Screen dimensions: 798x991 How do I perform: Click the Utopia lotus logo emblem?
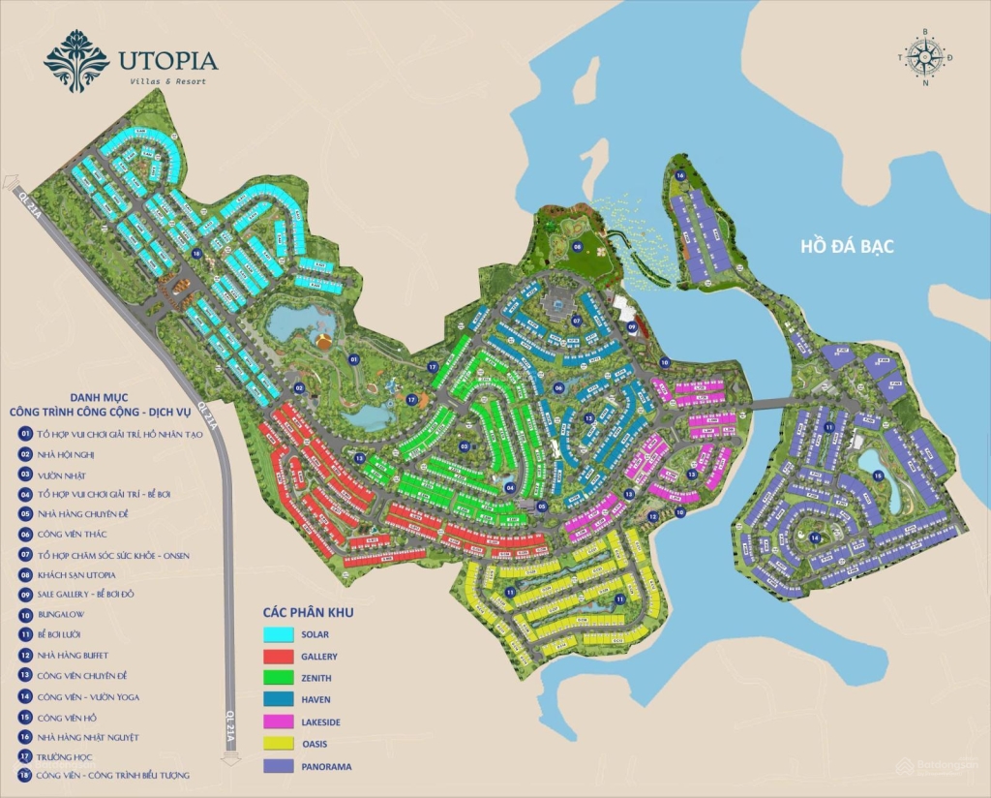click(x=76, y=60)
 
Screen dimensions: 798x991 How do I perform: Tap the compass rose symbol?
click(x=925, y=56)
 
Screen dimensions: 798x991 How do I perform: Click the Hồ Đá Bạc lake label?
click(x=847, y=247)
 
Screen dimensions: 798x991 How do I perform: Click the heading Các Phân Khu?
click(x=308, y=612)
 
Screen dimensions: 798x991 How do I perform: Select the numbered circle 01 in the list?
click(x=25, y=435)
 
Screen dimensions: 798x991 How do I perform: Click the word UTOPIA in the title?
click(x=167, y=60)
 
